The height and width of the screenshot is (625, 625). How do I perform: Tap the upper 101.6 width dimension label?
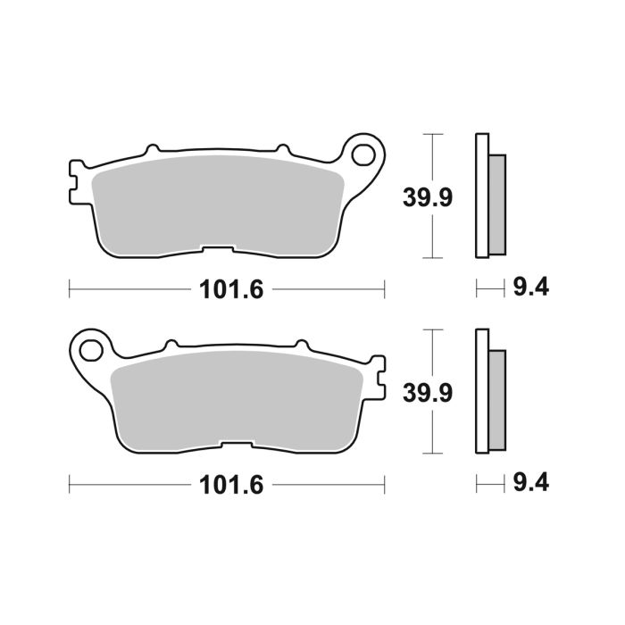pyautogui.click(x=227, y=289)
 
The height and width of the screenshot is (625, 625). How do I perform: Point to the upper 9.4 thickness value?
pyautogui.click(x=530, y=287)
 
